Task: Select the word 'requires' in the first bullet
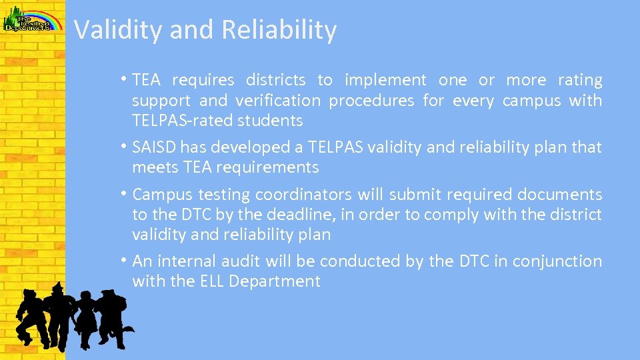coord(203,81)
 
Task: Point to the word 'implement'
coord(385,81)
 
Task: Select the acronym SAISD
coord(155,147)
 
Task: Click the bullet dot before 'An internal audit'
coord(126,260)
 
